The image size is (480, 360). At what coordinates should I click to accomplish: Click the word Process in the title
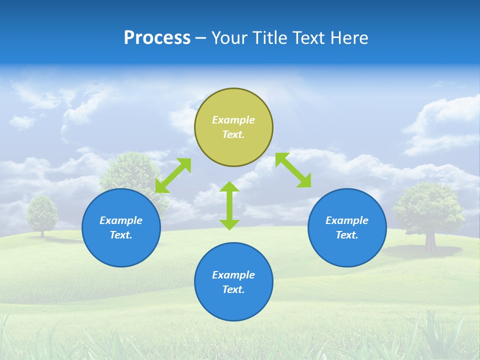(x=157, y=37)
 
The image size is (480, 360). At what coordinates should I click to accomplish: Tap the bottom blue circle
(x=233, y=305)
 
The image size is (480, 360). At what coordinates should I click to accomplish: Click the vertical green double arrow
(x=229, y=205)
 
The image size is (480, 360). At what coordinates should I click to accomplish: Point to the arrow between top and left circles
(x=173, y=175)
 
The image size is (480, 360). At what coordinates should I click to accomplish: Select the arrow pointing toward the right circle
(x=293, y=170)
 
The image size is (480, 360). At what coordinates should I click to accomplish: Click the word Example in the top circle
(x=233, y=120)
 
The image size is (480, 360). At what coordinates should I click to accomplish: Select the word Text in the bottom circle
(x=233, y=289)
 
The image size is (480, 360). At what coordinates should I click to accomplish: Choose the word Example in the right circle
(x=347, y=220)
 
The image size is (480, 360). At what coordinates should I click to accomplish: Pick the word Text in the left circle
(x=121, y=235)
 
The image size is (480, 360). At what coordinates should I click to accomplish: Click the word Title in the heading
(x=271, y=37)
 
